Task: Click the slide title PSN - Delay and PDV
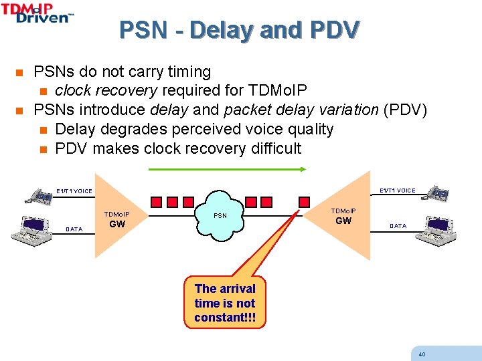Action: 240,29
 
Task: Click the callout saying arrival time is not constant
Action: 225,303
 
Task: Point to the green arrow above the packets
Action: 227,170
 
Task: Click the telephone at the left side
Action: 39,195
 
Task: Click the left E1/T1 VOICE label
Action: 74,192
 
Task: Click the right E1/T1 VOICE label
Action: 398,191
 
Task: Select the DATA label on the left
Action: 74,229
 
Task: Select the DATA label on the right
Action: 398,226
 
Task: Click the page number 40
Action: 421,354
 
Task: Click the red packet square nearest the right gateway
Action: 305,201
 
